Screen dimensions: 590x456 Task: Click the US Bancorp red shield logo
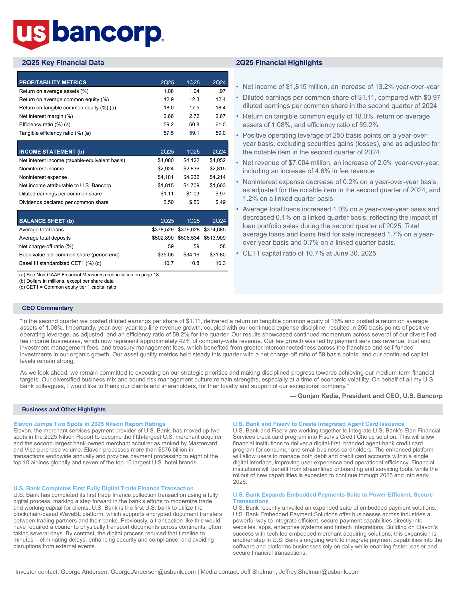(31, 34)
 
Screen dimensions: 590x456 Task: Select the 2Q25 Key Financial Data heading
(63, 63)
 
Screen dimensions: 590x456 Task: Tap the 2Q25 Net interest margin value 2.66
(168, 116)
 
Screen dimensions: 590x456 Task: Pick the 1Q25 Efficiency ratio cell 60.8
(194, 124)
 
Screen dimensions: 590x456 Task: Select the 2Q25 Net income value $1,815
(166, 185)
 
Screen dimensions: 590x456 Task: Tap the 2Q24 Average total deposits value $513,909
(215, 238)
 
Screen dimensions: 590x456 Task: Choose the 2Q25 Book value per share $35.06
(166, 255)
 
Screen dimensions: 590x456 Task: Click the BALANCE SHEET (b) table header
(46, 221)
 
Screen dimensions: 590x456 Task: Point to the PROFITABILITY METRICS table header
(53, 82)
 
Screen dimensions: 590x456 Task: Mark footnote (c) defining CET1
(68, 287)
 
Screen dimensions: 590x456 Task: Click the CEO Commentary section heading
(48, 308)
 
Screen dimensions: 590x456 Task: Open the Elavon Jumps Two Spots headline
(89, 424)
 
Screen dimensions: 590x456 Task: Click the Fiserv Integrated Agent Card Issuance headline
(319, 424)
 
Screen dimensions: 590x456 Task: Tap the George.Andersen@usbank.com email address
(153, 572)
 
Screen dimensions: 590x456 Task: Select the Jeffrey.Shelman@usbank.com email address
(319, 572)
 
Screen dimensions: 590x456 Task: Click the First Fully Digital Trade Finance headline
(103, 488)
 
